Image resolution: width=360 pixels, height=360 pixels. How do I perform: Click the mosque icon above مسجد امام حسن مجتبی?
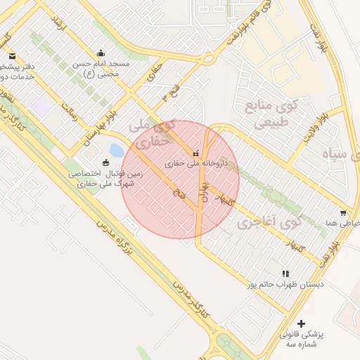click(x=101, y=52)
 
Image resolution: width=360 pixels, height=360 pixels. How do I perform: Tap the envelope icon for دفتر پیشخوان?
click(x=12, y=56)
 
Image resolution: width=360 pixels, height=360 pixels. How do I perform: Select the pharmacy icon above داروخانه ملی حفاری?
click(x=195, y=153)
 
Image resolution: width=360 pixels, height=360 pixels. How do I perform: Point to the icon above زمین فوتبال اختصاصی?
click(x=106, y=163)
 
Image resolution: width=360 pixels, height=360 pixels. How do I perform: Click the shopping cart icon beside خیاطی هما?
click(x=343, y=213)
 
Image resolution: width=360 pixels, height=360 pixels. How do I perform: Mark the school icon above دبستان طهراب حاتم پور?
click(x=285, y=274)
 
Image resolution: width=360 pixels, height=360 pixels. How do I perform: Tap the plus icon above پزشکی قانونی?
click(x=302, y=323)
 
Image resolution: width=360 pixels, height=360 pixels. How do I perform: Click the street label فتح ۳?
click(x=169, y=92)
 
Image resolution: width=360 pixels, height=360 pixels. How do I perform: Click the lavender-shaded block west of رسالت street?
click(x=39, y=108)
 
